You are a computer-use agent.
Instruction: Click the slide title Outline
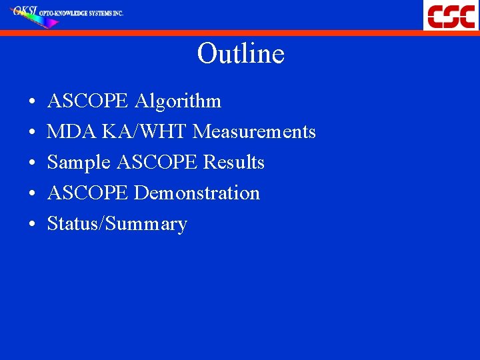pyautogui.click(x=241, y=54)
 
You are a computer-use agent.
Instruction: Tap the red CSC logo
pyautogui.click(x=451, y=15)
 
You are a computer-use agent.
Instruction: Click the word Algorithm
pyautogui.click(x=177, y=101)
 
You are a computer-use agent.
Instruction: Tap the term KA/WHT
pyautogui.click(x=145, y=132)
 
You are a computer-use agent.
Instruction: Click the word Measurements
pyautogui.click(x=254, y=132)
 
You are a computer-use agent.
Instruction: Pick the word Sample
pyautogui.click(x=79, y=163)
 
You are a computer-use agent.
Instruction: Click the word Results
pyautogui.click(x=233, y=163)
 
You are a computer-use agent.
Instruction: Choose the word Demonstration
pyautogui.click(x=197, y=193)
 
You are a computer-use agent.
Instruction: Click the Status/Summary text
pyautogui.click(x=117, y=224)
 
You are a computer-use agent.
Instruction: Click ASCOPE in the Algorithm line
pyautogui.click(x=88, y=101)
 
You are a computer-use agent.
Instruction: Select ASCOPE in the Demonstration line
pyautogui.click(x=88, y=193)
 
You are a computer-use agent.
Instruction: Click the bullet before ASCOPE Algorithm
pyautogui.click(x=32, y=103)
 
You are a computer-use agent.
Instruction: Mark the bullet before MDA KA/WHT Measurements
pyautogui.click(x=32, y=133)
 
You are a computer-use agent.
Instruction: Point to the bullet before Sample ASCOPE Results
pyautogui.click(x=32, y=164)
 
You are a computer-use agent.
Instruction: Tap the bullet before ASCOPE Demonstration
pyautogui.click(x=32, y=195)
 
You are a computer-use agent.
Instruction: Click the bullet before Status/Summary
pyautogui.click(x=32, y=225)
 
